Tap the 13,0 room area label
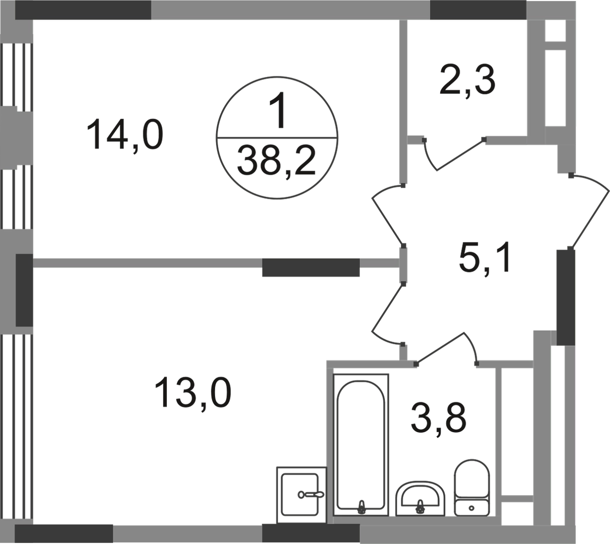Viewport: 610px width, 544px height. click(x=193, y=394)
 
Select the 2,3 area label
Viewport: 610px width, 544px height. click(x=467, y=81)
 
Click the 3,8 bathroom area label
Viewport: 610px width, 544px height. click(x=438, y=419)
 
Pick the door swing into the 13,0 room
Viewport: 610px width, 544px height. click(x=386, y=316)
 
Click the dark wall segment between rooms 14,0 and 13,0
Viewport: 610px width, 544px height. click(x=311, y=267)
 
